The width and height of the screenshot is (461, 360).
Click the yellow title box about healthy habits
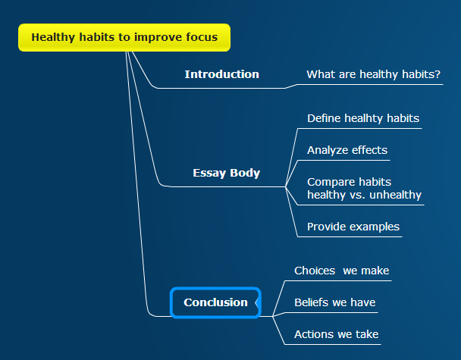(124, 38)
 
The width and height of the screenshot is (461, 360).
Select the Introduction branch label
(221, 74)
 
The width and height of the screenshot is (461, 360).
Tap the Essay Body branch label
(227, 173)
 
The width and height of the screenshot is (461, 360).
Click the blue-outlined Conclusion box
(215, 302)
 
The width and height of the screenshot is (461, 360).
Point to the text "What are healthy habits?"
(373, 74)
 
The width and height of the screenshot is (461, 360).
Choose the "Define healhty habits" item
(363, 118)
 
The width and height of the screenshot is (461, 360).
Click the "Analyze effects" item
(347, 150)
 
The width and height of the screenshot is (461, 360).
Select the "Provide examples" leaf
(353, 227)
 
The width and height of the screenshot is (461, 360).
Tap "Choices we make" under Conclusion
(342, 271)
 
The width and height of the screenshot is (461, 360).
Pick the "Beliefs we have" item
(335, 302)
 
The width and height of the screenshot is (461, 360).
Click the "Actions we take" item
(337, 334)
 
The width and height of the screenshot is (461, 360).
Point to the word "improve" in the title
(154, 38)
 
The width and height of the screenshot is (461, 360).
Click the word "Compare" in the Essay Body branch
(327, 182)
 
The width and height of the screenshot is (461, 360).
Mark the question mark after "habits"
(437, 74)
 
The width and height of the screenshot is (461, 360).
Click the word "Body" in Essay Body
(245, 173)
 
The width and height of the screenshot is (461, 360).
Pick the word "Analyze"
(328, 150)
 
